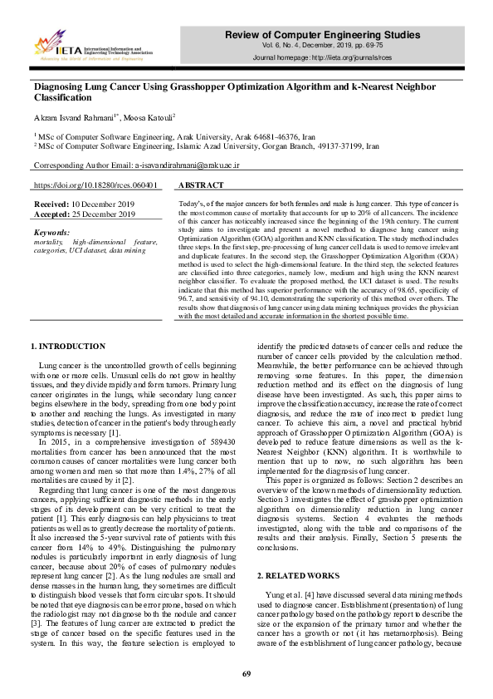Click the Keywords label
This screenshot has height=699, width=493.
click(x=52, y=232)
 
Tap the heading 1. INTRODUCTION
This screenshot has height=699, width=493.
click(x=68, y=346)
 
